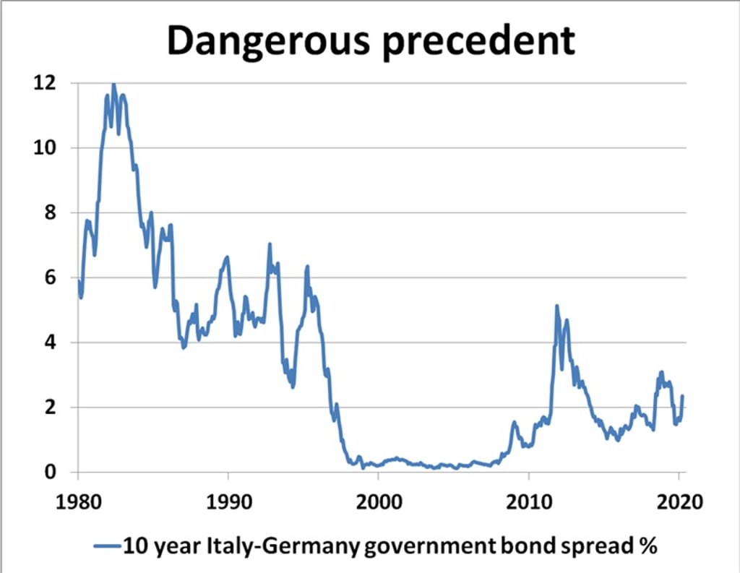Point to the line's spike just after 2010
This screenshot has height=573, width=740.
pyautogui.click(x=556, y=306)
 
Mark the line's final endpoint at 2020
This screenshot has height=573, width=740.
pyautogui.click(x=682, y=396)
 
